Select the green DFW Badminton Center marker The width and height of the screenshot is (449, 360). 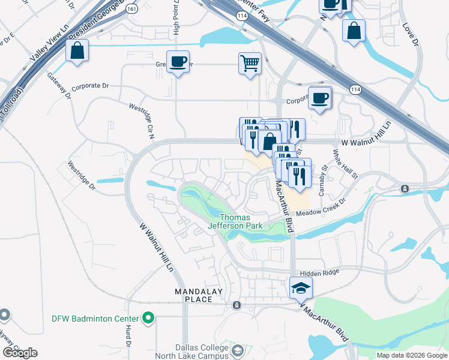pyautogui.click(x=148, y=319)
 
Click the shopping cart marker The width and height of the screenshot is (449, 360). pyautogui.click(x=249, y=63)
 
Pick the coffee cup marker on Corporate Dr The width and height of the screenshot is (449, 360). pyautogui.click(x=320, y=98)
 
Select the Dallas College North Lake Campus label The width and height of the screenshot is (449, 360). pyautogui.click(x=202, y=352)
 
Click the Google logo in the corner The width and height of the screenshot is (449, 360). pyautogui.click(x=19, y=353)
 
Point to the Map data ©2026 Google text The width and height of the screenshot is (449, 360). pyautogui.click(x=411, y=355)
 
